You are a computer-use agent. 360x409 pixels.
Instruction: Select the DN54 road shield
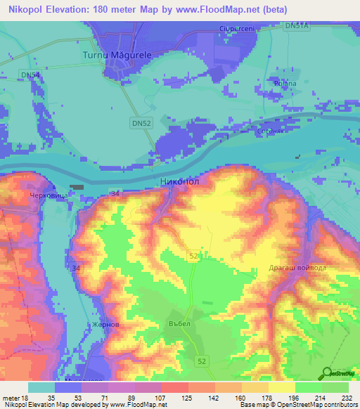pyautogui.click(x=30, y=74)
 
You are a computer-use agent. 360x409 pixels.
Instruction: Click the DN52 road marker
pyautogui.click(x=141, y=122)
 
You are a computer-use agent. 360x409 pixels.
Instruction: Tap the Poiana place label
pyautogui.click(x=286, y=83)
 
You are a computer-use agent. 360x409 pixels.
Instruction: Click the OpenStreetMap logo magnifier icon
pyautogui.click(x=328, y=372)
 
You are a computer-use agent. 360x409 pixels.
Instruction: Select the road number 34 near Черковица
pyautogui.click(x=115, y=193)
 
